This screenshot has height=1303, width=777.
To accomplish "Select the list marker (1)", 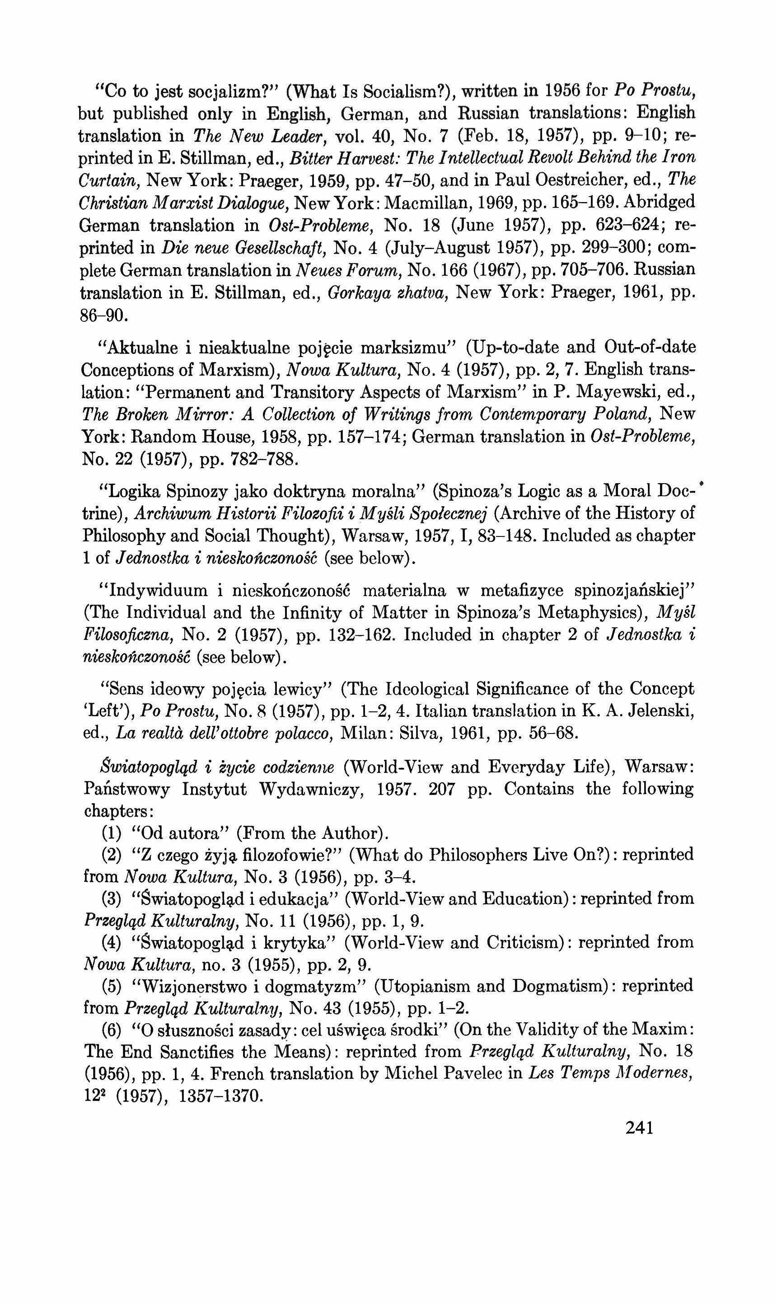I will coord(112,833).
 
